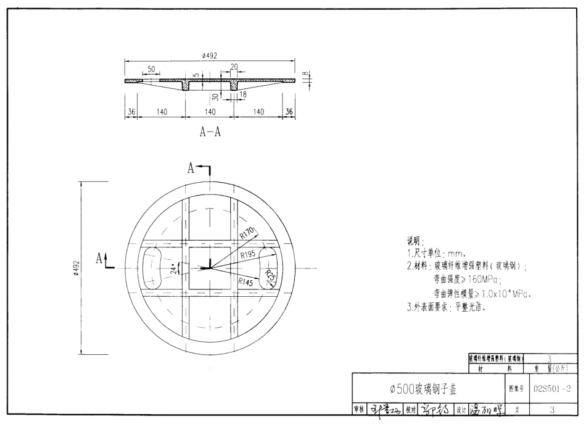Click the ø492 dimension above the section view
point(210,56)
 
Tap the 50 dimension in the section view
point(151,69)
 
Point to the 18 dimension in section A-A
point(243,95)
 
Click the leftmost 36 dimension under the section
point(130,112)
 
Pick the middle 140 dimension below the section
point(210,112)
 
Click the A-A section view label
point(210,133)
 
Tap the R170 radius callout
point(248,233)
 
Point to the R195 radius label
point(248,254)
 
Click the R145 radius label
point(246,281)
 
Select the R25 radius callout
point(270,276)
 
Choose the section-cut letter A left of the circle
point(99,259)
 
